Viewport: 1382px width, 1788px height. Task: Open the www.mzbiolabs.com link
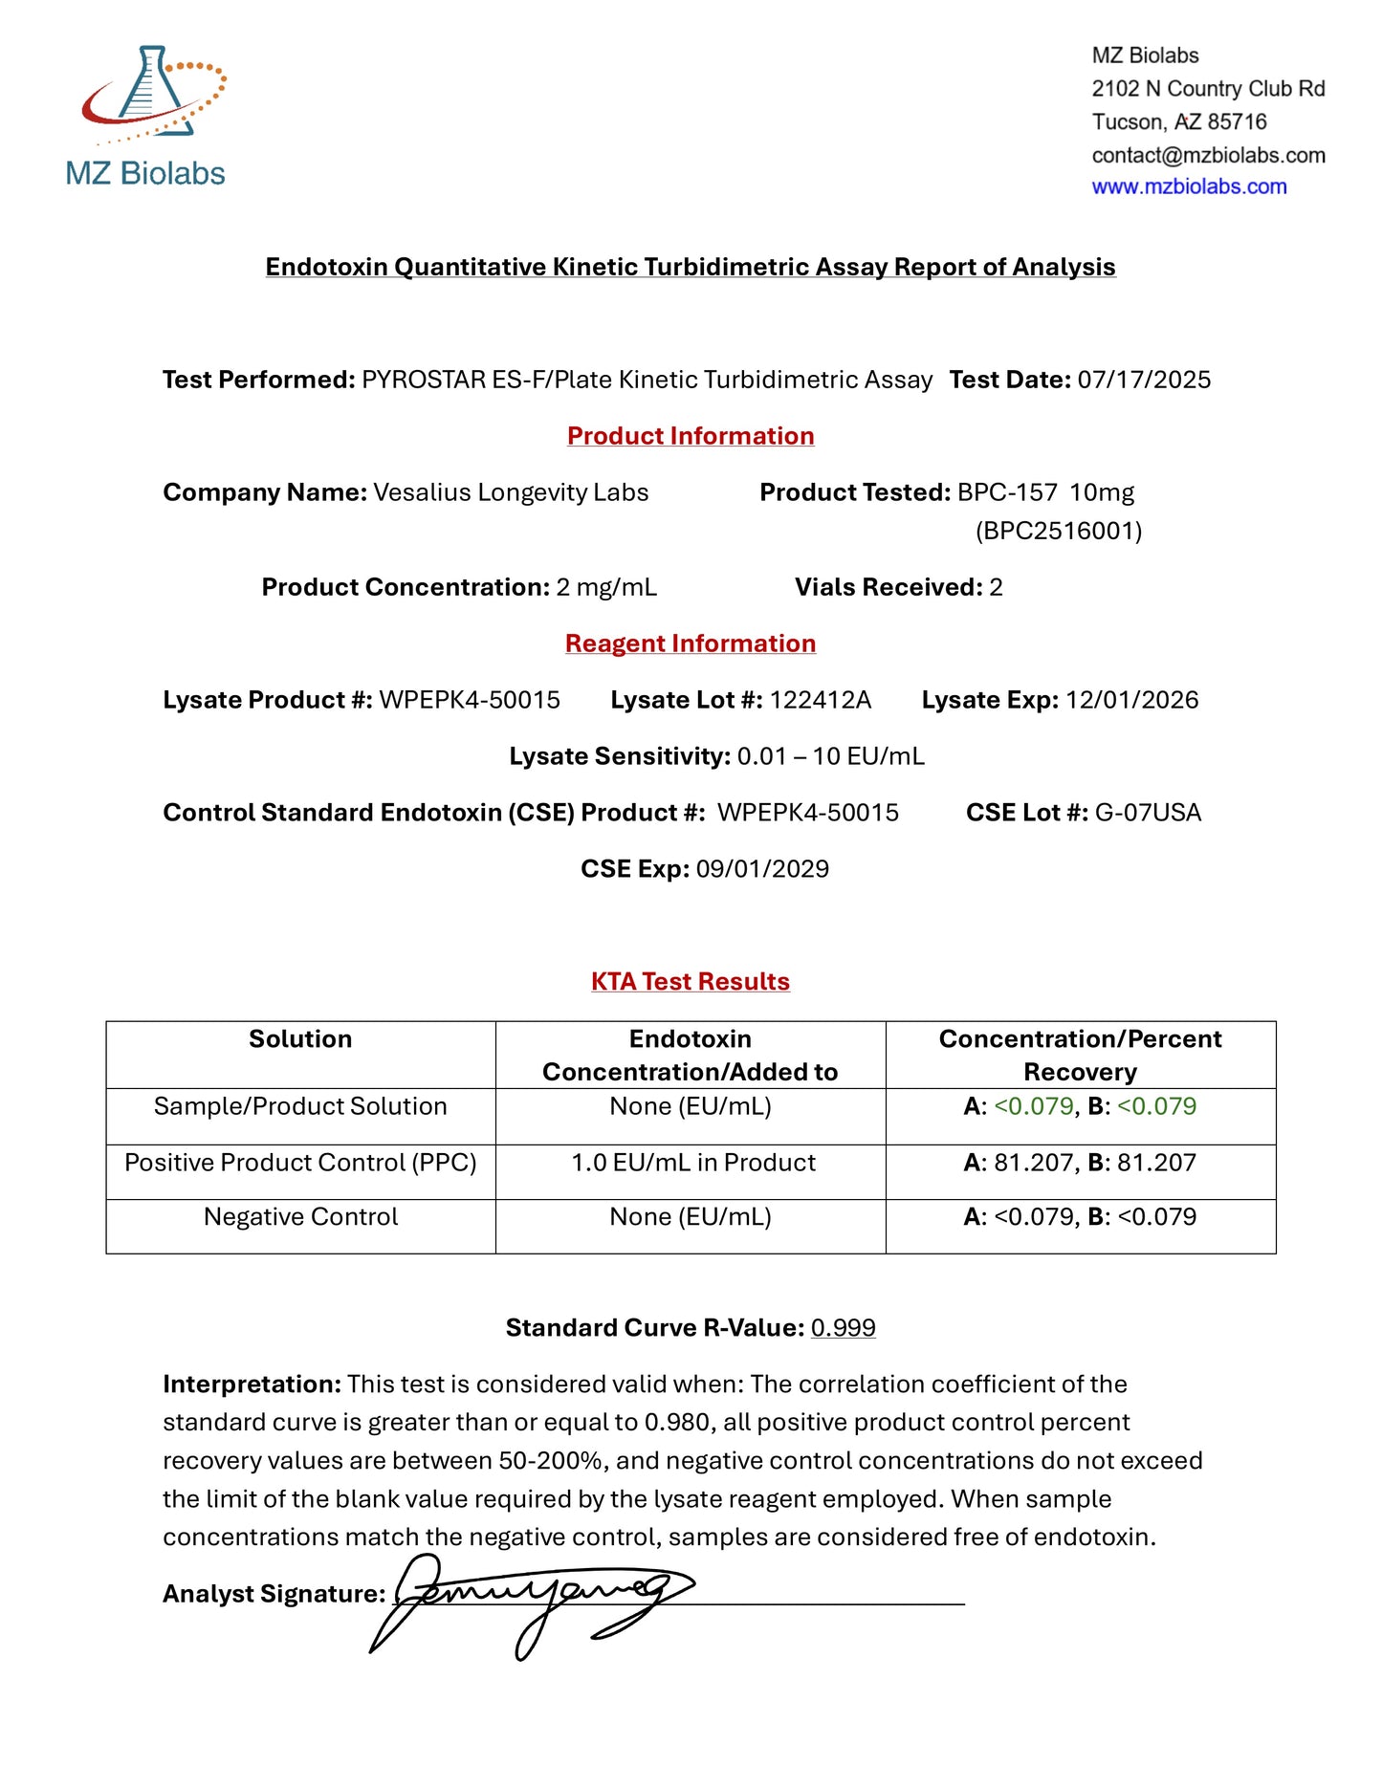(1189, 187)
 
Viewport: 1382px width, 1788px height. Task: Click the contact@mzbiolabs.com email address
(1208, 155)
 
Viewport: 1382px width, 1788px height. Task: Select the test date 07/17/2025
(1144, 381)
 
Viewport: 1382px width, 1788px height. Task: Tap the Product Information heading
(691, 436)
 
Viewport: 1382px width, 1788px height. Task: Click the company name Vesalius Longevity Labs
(511, 493)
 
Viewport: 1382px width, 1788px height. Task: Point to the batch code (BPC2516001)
(1059, 532)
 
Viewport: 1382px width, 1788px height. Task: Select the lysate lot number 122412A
(821, 701)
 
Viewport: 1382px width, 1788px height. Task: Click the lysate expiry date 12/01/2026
(1131, 701)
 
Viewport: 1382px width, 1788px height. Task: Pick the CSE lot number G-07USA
(1148, 814)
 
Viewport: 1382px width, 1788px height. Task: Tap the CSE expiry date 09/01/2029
(762, 870)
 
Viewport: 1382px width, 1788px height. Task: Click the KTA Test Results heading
(691, 982)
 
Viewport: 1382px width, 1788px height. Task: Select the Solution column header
(300, 1039)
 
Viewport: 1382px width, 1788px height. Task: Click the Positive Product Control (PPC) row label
(300, 1164)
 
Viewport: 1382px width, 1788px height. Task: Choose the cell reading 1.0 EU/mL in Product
(693, 1164)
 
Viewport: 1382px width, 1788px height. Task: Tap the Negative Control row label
(300, 1218)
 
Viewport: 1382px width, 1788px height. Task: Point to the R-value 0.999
(843, 1329)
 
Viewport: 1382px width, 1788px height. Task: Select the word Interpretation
(252, 1385)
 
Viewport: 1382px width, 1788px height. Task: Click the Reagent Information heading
(691, 644)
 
